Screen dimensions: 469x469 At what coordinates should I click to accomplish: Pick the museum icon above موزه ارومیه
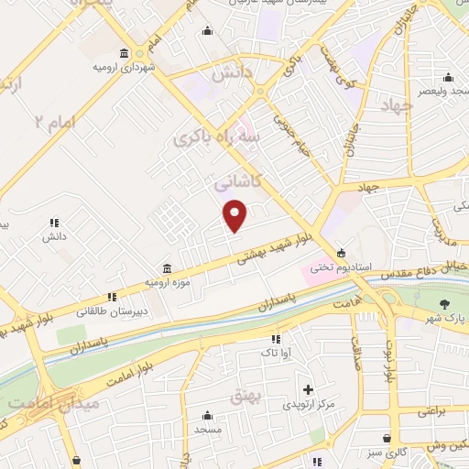pos(166,268)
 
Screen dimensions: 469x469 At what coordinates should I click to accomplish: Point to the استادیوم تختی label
pos(341,267)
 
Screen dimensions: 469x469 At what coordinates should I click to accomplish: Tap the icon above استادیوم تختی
pos(341,253)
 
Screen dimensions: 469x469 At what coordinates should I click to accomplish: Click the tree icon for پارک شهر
pos(445,305)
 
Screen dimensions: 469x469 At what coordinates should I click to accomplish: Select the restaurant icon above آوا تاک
pos(276,339)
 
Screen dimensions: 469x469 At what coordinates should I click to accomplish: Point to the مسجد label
pos(208,428)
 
